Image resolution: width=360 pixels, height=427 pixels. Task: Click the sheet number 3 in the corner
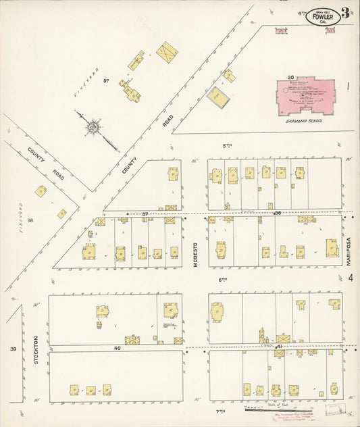pyautogui.click(x=345, y=12)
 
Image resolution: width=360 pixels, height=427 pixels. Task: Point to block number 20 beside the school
pyautogui.click(x=290, y=78)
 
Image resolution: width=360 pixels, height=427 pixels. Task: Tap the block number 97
pyautogui.click(x=106, y=81)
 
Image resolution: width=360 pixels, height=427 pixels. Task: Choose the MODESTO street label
pyautogui.click(x=198, y=254)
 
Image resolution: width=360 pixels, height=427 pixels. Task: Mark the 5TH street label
pyautogui.click(x=227, y=145)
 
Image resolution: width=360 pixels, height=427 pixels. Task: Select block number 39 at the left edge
pyautogui.click(x=12, y=349)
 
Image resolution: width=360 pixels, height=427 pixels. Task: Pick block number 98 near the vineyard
pyautogui.click(x=30, y=220)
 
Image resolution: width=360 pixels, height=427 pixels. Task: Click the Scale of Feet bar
pyautogui.click(x=267, y=408)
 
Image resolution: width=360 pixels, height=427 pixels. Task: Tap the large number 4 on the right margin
pyautogui.click(x=351, y=277)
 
